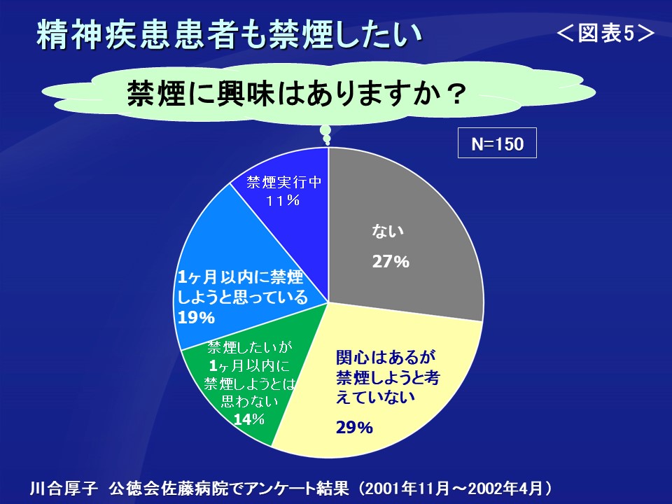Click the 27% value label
pos(391,261)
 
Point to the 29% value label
pos(354,427)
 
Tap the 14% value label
pos(248,419)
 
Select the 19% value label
pos(196,318)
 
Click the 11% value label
pos(282,200)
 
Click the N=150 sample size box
pos(497,143)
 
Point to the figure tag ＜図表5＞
pos(605,33)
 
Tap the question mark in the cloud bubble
pos(455,94)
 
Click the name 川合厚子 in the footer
pos(64,489)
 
